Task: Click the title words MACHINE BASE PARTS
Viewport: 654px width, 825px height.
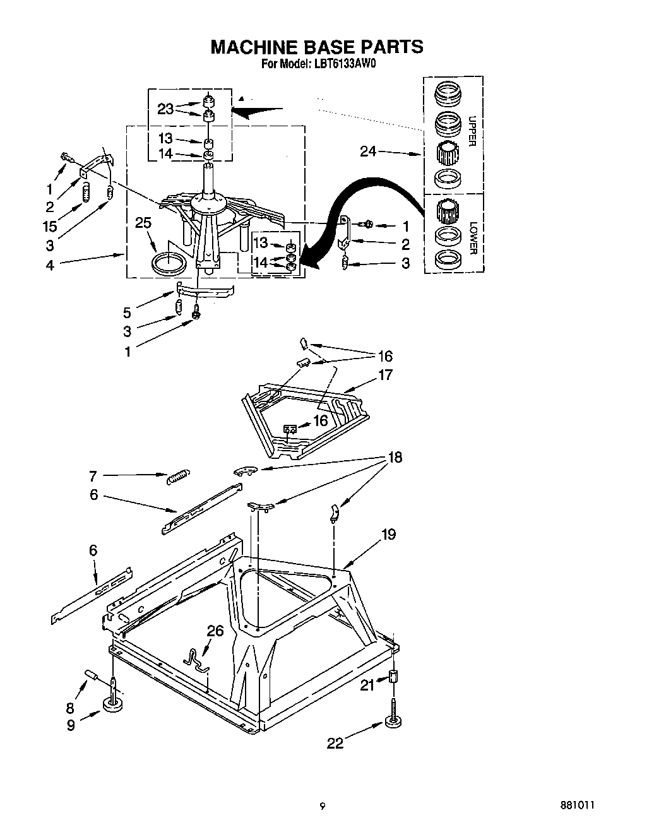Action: pyautogui.click(x=316, y=47)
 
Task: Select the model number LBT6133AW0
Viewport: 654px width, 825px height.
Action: pyautogui.click(x=340, y=64)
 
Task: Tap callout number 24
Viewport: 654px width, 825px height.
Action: pyautogui.click(x=369, y=151)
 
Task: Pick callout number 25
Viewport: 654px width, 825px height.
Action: pyautogui.click(x=143, y=223)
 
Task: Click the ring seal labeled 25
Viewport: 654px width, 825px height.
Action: pyautogui.click(x=170, y=262)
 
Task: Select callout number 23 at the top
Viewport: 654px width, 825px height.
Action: pyautogui.click(x=165, y=109)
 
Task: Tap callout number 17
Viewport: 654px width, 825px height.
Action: pyautogui.click(x=384, y=375)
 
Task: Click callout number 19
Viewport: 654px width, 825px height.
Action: pyautogui.click(x=388, y=535)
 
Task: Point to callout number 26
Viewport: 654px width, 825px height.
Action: pyautogui.click(x=215, y=631)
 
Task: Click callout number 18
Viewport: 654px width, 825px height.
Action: pyautogui.click(x=395, y=457)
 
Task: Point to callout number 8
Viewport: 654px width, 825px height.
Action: pyautogui.click(x=69, y=708)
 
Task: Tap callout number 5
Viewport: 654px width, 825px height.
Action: pyautogui.click(x=127, y=312)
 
